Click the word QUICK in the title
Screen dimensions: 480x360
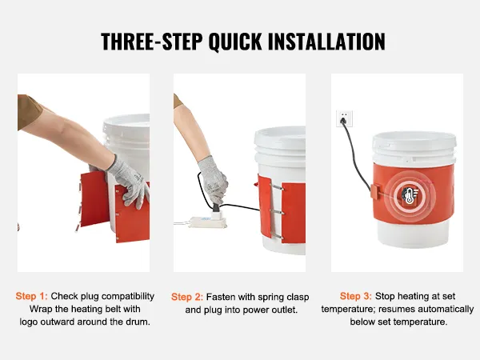[x=234, y=41]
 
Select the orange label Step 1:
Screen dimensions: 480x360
[x=32, y=296]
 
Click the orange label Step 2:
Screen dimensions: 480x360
[x=187, y=297]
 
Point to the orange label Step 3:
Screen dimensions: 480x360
[x=356, y=296]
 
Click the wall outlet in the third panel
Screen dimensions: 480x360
[x=344, y=118]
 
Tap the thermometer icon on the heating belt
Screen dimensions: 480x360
[x=410, y=194]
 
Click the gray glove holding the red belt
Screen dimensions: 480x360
[x=129, y=182]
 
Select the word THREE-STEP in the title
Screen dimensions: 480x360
[x=151, y=41]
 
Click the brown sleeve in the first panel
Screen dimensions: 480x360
[x=28, y=110]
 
